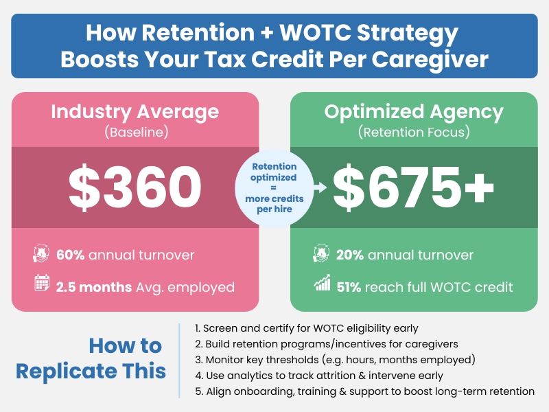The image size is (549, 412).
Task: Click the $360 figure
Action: tap(135, 187)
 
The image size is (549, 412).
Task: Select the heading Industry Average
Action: tap(135, 112)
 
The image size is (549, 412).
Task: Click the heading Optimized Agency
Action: tap(414, 112)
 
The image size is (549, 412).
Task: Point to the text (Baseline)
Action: tap(135, 132)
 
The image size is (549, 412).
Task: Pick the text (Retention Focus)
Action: tap(414, 132)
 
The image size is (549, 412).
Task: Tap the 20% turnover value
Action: tap(350, 255)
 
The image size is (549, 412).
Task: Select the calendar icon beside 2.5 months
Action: tap(43, 286)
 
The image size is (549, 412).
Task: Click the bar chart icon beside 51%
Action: tap(322, 286)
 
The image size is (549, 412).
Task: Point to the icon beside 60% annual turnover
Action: tap(43, 255)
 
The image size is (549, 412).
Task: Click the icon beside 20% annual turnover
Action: tap(322, 255)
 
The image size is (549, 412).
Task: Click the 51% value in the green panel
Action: tap(349, 286)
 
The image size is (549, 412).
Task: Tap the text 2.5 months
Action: tap(93, 286)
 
